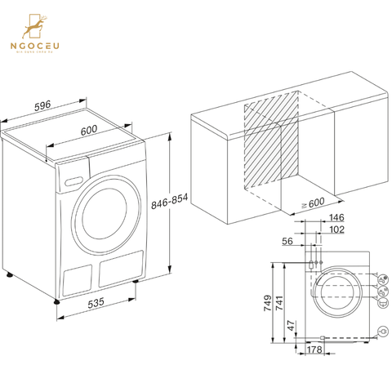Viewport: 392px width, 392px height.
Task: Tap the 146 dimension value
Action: click(336, 218)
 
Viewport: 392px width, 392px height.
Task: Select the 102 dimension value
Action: click(336, 229)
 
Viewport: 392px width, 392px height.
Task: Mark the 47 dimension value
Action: click(292, 325)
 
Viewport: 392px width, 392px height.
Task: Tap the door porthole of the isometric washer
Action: click(105, 214)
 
